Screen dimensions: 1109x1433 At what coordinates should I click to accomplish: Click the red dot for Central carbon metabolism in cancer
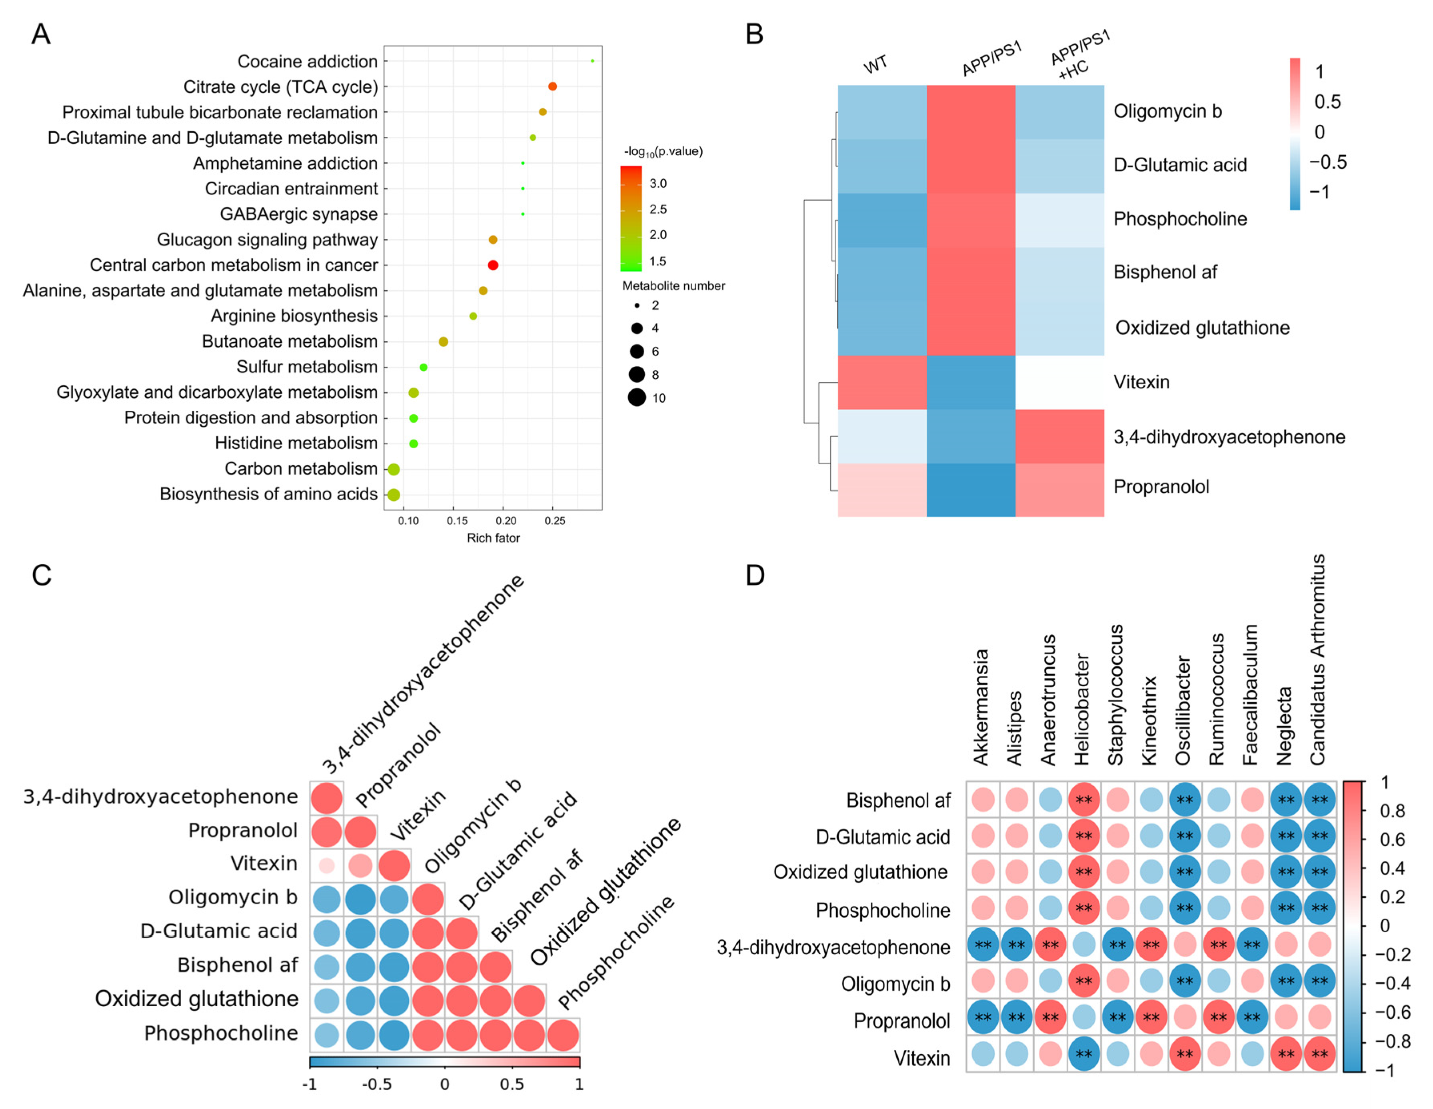493,265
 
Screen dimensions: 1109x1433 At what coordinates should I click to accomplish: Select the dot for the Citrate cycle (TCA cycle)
552,87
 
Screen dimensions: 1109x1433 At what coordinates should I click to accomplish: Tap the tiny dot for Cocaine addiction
592,61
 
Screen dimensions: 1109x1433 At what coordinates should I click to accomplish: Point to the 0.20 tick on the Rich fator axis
506,520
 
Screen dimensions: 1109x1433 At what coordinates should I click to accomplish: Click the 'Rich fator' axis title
493,538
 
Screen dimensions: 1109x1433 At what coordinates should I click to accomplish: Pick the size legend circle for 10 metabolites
636,398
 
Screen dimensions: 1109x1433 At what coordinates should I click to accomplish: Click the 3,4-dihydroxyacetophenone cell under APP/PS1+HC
1060,436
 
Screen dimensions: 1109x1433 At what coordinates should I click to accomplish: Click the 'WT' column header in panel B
875,65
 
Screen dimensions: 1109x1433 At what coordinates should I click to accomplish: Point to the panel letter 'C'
41,575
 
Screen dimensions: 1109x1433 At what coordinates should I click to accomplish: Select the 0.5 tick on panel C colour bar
512,1085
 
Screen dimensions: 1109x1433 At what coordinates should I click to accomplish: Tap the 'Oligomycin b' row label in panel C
233,897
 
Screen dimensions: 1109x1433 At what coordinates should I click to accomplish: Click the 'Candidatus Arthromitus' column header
1317,659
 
